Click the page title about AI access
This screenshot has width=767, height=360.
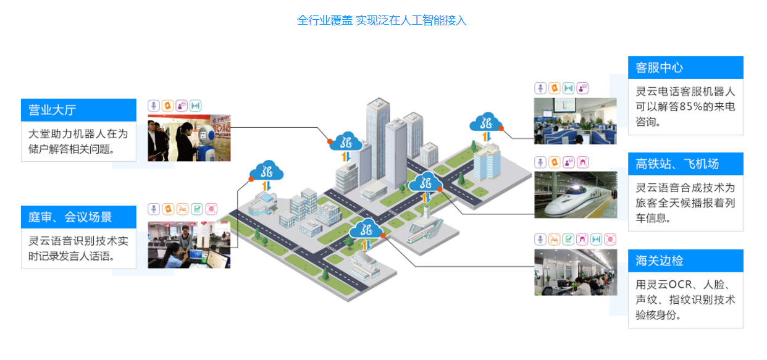(x=382, y=20)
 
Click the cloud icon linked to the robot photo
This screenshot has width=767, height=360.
(x=346, y=141)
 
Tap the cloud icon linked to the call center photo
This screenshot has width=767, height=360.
(x=486, y=122)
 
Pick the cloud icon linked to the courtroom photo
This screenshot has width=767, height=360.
(x=267, y=170)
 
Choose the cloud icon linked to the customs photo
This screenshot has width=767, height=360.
(x=367, y=230)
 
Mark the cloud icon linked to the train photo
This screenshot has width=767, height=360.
(x=426, y=182)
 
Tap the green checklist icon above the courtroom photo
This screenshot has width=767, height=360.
(x=196, y=209)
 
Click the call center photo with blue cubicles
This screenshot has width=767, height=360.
(x=575, y=121)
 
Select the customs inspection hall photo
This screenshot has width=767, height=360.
(x=575, y=272)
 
